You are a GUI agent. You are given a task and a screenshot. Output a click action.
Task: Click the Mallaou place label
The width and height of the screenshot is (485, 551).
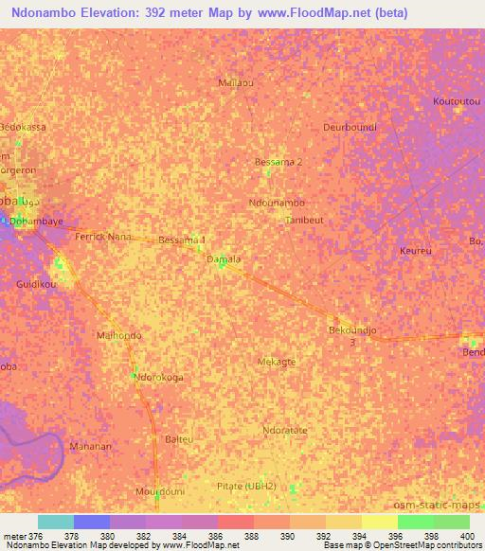[236, 82]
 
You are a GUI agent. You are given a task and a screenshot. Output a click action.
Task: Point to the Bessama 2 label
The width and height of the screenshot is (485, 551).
[278, 162]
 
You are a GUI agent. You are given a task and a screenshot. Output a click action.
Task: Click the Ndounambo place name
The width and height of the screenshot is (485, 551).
[277, 204]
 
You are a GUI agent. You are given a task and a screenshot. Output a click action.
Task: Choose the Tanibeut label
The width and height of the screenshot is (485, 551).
[304, 220]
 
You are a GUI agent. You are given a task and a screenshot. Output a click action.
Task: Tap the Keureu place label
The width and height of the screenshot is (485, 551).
[416, 252]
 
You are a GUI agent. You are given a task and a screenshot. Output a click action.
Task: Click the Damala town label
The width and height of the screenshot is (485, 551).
[225, 258]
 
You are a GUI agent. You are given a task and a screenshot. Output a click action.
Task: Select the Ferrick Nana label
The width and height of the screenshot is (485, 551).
[103, 236]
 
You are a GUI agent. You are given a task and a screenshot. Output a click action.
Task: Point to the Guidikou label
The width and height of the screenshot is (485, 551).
[37, 284]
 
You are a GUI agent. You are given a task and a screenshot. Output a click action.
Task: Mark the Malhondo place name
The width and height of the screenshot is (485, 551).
[119, 335]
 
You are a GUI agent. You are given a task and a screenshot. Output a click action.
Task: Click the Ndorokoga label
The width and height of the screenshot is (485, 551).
[159, 377]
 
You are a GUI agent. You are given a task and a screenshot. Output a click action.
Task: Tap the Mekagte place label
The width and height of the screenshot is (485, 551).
[277, 362]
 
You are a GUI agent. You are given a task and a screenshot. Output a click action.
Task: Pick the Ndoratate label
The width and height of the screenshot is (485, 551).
[285, 430]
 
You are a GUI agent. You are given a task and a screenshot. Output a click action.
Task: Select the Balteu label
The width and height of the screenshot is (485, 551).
[179, 439]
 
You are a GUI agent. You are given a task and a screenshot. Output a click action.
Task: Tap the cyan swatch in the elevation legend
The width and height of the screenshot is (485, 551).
[56, 522]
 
